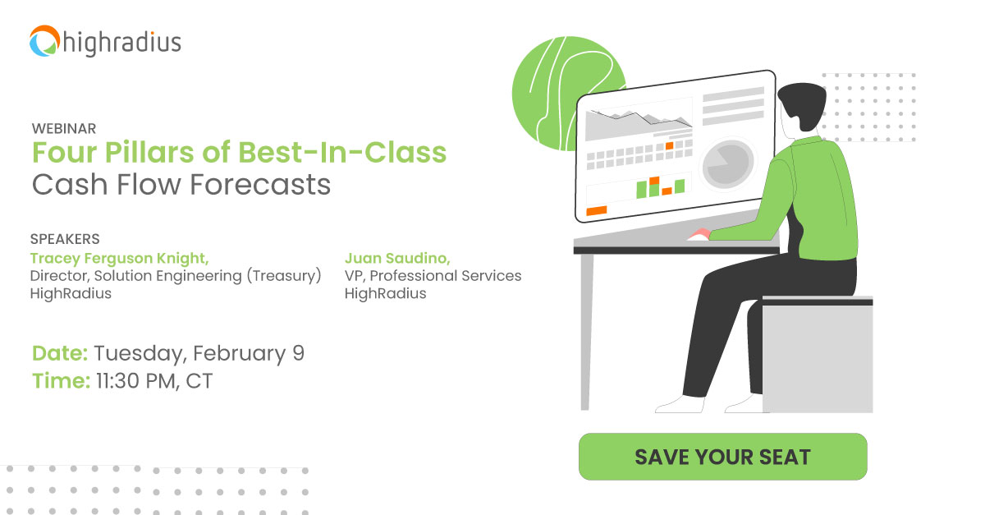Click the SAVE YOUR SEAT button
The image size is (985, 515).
(x=722, y=457)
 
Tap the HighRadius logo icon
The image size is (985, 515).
(x=45, y=41)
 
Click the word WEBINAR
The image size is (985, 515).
(x=64, y=129)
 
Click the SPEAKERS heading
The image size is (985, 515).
(x=65, y=239)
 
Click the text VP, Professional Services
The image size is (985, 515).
(x=433, y=276)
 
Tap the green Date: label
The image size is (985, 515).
(x=60, y=354)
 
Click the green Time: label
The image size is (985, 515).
(x=60, y=381)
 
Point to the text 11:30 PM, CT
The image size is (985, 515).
(x=153, y=381)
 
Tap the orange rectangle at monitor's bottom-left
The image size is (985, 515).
(x=597, y=211)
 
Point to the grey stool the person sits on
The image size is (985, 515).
(x=817, y=353)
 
